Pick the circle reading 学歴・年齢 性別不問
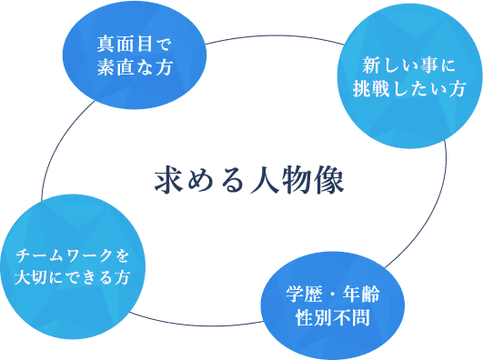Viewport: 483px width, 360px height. pos(330,305)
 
